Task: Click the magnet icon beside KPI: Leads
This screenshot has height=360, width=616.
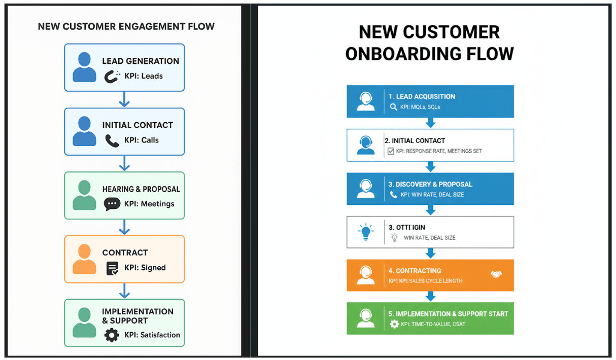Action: [111, 76]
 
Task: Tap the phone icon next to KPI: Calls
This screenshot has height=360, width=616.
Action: [112, 140]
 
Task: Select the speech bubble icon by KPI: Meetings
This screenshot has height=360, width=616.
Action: [112, 204]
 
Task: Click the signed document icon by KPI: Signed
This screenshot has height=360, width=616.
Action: [112, 268]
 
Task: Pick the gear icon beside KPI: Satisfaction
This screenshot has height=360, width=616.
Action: [112, 335]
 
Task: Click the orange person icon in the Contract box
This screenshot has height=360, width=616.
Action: [84, 259]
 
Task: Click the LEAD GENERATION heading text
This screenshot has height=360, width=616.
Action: [141, 61]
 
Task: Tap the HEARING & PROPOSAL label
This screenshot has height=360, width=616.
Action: [141, 189]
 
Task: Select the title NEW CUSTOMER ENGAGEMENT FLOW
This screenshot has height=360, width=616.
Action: [126, 26]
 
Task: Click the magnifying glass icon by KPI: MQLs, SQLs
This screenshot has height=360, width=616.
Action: [393, 107]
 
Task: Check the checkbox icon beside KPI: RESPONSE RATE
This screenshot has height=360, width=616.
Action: [391, 151]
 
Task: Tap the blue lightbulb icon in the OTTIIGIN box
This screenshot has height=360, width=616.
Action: [365, 232]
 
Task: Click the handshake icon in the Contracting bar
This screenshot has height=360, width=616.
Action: [496, 274]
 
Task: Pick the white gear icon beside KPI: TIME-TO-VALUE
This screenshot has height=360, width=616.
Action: [394, 324]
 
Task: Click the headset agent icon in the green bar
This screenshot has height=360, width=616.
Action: [366, 318]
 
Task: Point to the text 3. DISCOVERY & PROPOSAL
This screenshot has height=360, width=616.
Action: [430, 185]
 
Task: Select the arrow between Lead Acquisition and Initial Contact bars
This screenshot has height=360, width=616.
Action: [430, 123]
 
